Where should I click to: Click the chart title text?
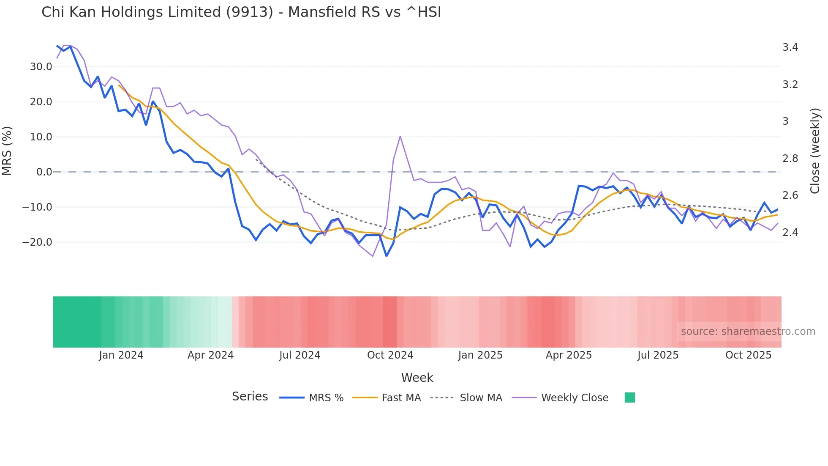point(241,12)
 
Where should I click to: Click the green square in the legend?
point(629,397)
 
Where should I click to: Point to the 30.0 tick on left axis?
point(41,67)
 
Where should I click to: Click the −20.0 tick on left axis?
point(37,242)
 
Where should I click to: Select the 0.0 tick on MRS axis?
point(44,172)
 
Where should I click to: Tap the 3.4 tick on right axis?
point(790,47)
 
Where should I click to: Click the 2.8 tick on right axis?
point(790,159)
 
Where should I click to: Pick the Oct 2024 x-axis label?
point(390,355)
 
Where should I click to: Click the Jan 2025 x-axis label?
point(480,355)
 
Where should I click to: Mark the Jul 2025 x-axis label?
point(658,355)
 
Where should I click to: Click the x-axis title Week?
point(417,378)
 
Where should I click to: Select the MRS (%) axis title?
point(7,151)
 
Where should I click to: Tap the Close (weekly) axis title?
point(815,151)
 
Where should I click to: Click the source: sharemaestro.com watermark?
point(748,332)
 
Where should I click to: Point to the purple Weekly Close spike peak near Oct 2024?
point(400,136)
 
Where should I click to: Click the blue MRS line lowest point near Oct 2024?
point(386,256)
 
